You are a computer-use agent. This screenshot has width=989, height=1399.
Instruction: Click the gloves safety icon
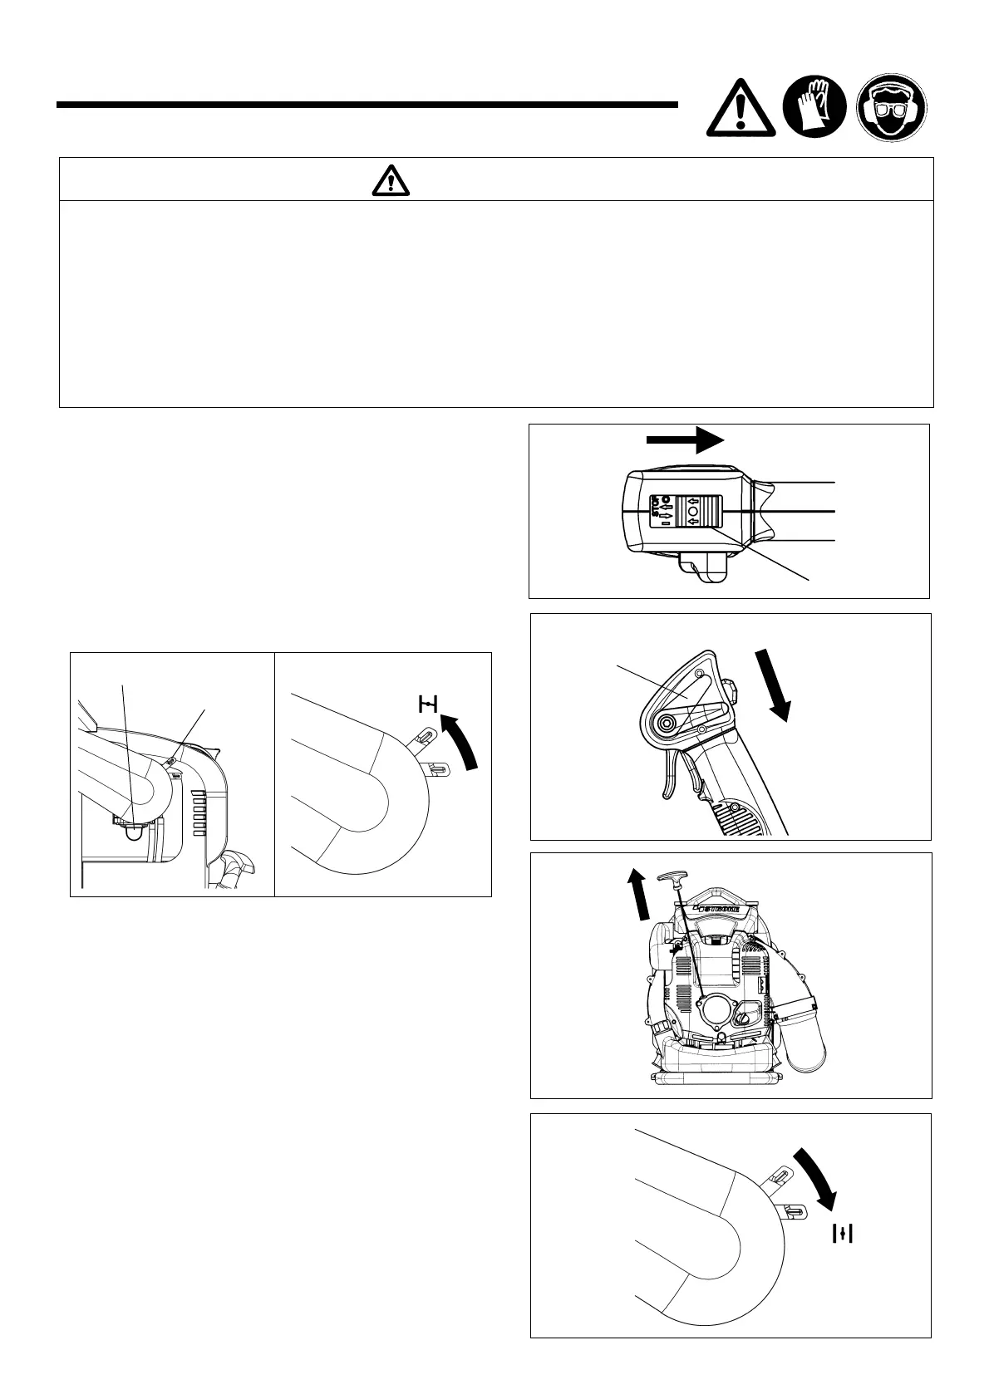tap(814, 107)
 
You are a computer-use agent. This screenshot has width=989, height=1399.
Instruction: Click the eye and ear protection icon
tap(892, 107)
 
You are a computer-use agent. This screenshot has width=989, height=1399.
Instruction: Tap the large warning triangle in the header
tap(741, 110)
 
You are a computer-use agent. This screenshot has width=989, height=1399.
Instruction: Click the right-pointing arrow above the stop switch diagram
tap(686, 439)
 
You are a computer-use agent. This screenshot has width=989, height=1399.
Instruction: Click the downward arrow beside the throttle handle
tap(773, 685)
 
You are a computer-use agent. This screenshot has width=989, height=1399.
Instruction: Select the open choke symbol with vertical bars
tap(844, 1234)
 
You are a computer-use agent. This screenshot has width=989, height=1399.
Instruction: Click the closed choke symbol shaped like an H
tap(427, 706)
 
